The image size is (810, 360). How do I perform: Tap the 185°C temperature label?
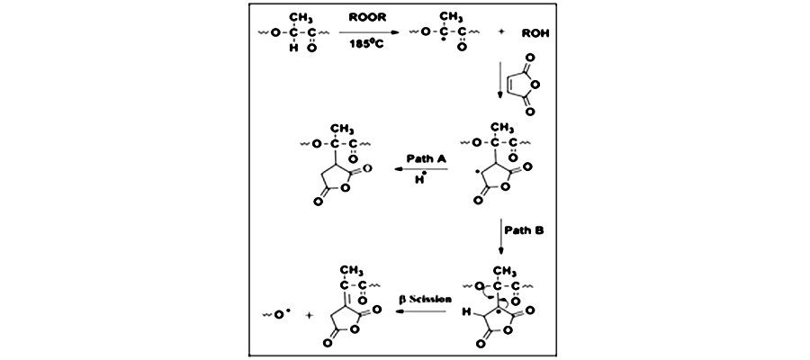coord(367,45)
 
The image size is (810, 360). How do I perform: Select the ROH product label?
coord(535,32)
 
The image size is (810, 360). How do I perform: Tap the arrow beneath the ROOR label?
coord(369,32)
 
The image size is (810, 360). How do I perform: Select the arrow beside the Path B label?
coord(500,237)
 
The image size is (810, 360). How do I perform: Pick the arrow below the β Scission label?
coord(420,310)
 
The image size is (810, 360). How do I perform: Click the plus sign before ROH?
coord(500,32)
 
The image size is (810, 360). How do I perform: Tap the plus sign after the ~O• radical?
coord(310,314)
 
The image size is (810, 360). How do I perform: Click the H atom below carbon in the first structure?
coord(293,48)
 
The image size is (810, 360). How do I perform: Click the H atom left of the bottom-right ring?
coord(467,311)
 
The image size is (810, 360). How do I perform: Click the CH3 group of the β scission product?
coord(352,271)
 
